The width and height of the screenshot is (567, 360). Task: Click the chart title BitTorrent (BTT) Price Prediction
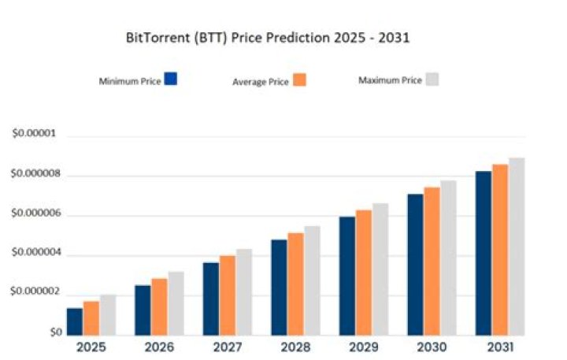pyautogui.click(x=228, y=38)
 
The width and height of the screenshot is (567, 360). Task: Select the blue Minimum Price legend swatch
pyautogui.click(x=171, y=79)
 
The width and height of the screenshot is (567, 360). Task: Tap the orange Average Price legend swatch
pyautogui.click(x=299, y=80)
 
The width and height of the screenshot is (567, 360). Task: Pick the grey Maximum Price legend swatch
pyautogui.click(x=432, y=80)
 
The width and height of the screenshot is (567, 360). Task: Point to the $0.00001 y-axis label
pyautogui.click(x=35, y=133)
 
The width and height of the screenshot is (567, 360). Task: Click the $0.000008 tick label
pyautogui.click(x=35, y=173)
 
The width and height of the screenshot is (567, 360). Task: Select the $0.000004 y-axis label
pyautogui.click(x=35, y=252)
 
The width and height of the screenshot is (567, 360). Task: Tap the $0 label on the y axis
pyautogui.click(x=56, y=332)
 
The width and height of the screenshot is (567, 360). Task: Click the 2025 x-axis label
pyautogui.click(x=91, y=347)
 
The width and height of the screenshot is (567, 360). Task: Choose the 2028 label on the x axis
pyautogui.click(x=295, y=347)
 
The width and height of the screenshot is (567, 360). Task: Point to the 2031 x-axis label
pyautogui.click(x=500, y=347)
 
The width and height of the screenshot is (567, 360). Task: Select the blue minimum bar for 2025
pyautogui.click(x=75, y=321)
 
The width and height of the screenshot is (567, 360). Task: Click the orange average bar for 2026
pyautogui.click(x=159, y=306)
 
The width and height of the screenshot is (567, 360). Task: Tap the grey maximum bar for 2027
pyautogui.click(x=244, y=292)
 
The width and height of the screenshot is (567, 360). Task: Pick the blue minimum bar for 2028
pyautogui.click(x=279, y=288)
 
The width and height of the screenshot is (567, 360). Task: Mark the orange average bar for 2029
pyautogui.click(x=364, y=273)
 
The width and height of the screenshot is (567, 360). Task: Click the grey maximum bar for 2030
pyautogui.click(x=448, y=258)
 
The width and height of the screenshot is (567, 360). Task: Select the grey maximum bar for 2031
pyautogui.click(x=517, y=247)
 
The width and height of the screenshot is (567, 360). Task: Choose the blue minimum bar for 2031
pyautogui.click(x=484, y=254)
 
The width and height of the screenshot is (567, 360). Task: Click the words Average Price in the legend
pyautogui.click(x=261, y=82)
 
